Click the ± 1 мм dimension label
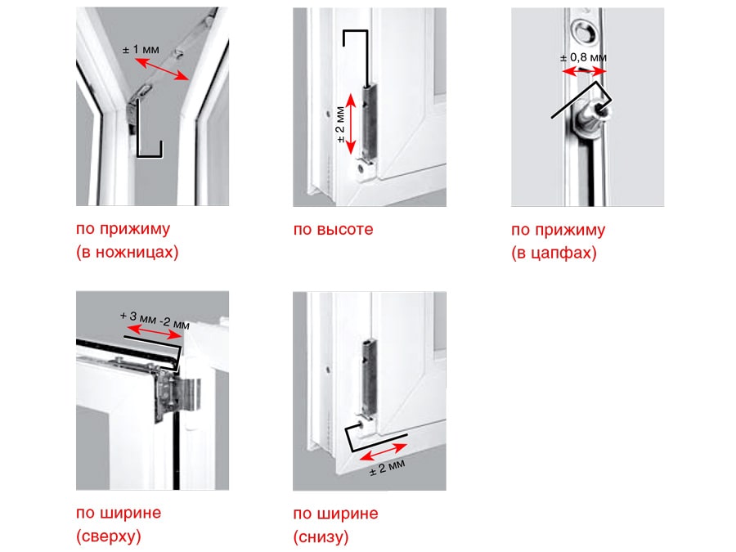141,49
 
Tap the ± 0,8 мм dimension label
583,58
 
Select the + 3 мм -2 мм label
155,320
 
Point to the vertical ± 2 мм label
341,125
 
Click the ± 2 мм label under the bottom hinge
388,468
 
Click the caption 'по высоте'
334,230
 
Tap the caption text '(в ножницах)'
128,252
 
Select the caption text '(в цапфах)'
554,253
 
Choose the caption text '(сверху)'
109,536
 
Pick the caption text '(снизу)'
321,536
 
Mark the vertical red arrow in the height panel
351,124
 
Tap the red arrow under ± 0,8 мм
585,71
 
